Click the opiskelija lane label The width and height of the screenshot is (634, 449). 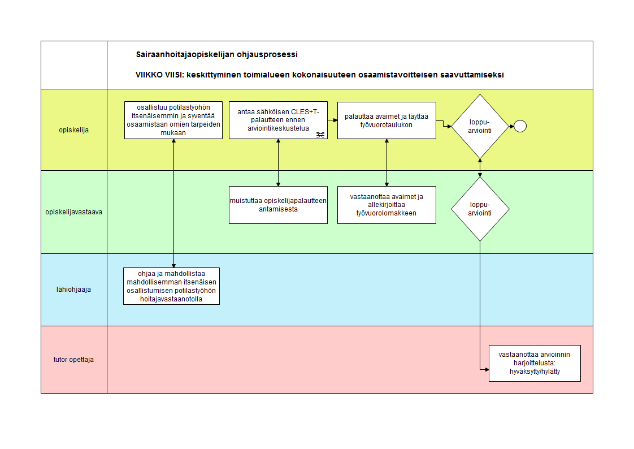click(73, 130)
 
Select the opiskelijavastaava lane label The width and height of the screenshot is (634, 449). click(73, 212)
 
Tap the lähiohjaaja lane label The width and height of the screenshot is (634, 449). click(73, 289)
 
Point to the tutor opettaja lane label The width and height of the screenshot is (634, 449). click(73, 359)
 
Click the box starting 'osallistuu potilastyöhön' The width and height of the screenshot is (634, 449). click(173, 120)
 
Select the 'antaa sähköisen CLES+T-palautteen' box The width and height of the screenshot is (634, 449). click(278, 120)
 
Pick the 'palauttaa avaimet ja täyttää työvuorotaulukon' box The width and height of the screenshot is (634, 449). click(387, 120)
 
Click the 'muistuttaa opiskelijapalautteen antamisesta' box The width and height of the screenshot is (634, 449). click(278, 205)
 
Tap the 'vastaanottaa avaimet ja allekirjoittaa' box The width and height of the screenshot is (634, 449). click(387, 205)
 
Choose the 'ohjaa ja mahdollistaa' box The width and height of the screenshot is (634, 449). click(171, 286)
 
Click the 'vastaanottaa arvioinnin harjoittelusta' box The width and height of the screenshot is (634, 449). click(535, 363)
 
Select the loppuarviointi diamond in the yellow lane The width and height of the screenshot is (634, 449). click(480, 127)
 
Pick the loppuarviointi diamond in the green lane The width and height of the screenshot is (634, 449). click(480, 209)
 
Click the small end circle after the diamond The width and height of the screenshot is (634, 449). click(520, 126)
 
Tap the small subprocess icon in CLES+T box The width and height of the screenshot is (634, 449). click(320, 135)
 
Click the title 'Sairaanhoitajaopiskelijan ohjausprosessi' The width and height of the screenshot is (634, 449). click(217, 55)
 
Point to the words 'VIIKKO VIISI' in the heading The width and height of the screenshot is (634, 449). click(159, 75)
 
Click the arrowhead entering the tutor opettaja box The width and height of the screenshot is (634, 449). click(487, 369)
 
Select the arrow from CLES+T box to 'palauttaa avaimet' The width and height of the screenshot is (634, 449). click(332, 120)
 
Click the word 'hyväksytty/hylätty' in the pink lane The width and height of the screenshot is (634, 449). click(535, 372)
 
